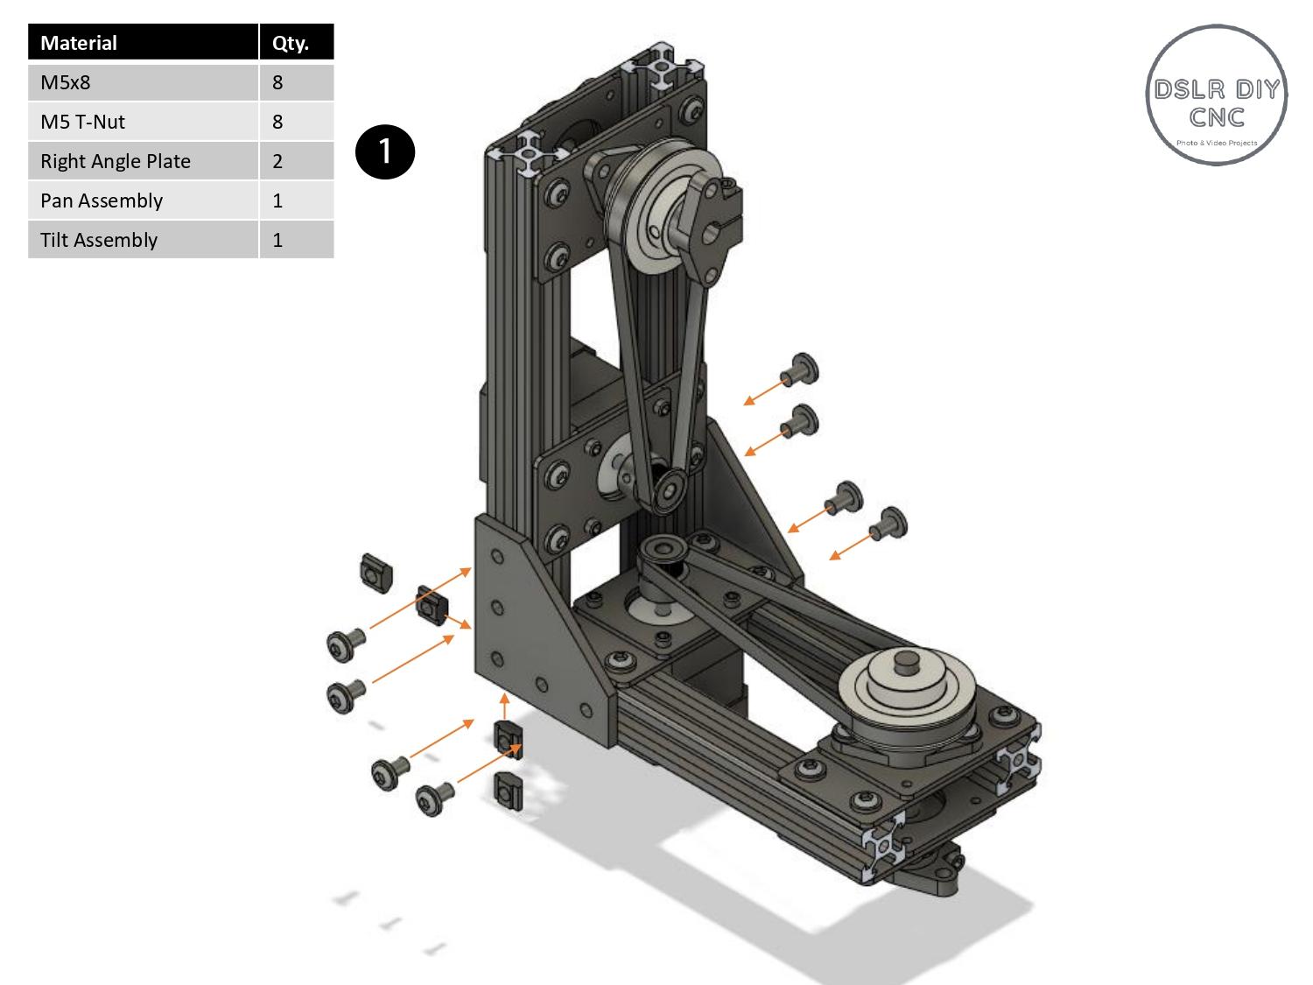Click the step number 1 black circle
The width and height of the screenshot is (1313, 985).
coord(384,151)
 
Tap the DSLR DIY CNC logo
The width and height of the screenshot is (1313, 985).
coord(1216,95)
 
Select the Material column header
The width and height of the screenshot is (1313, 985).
coord(143,43)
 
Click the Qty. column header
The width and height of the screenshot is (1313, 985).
coord(296,43)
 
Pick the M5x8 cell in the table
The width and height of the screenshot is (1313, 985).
coord(143,82)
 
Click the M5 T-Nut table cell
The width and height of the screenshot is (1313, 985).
coord(143,122)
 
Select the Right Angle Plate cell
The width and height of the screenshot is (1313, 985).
coord(143,161)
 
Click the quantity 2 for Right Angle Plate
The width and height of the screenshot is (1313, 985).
coord(296,161)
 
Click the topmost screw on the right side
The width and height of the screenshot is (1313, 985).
coord(803,369)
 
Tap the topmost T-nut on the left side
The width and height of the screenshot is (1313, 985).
coord(376,572)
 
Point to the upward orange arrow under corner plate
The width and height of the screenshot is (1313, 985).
coord(504,706)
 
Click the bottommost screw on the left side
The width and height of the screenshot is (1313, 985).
coord(430,799)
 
